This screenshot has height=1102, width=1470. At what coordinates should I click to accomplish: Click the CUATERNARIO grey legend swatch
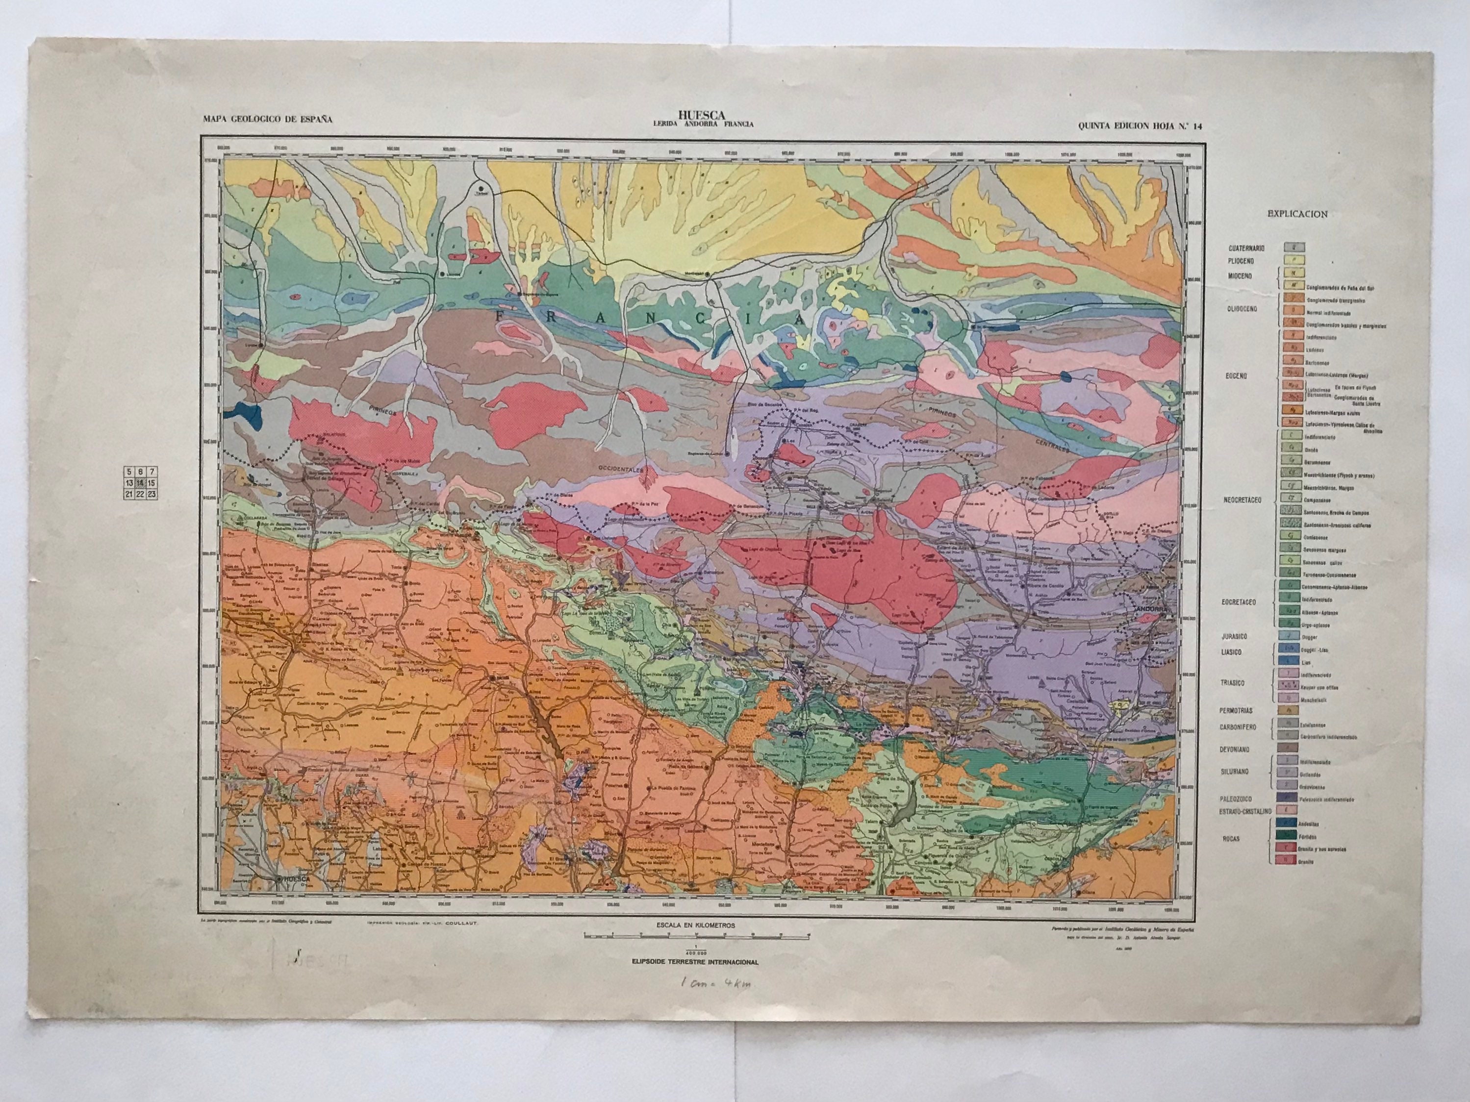click(x=1292, y=248)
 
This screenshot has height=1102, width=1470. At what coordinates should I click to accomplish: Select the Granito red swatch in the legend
click(x=1292, y=861)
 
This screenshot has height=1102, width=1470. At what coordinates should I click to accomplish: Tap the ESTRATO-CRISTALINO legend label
click(x=1245, y=811)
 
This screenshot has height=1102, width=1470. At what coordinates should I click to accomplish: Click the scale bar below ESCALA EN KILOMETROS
click(x=697, y=935)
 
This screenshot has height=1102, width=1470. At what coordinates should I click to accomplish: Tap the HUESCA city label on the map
click(x=298, y=879)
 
